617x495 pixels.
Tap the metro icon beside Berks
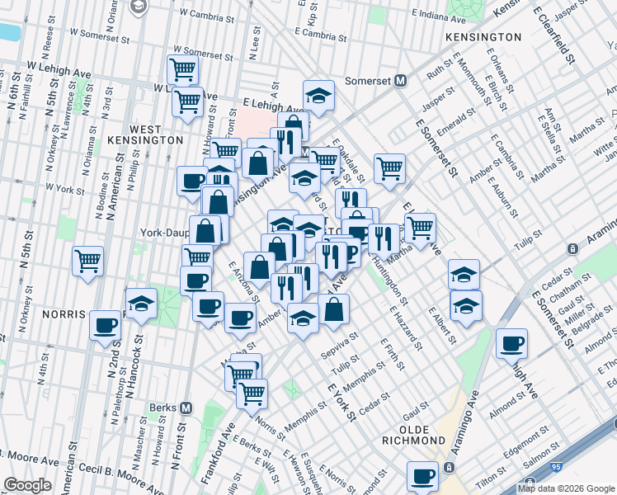click(x=186, y=408)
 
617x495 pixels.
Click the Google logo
click(x=28, y=485)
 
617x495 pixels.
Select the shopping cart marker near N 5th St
click(x=87, y=262)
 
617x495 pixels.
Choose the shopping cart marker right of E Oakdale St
click(x=389, y=167)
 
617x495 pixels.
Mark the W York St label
click(x=65, y=188)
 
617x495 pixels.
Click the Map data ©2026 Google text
click(x=565, y=488)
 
